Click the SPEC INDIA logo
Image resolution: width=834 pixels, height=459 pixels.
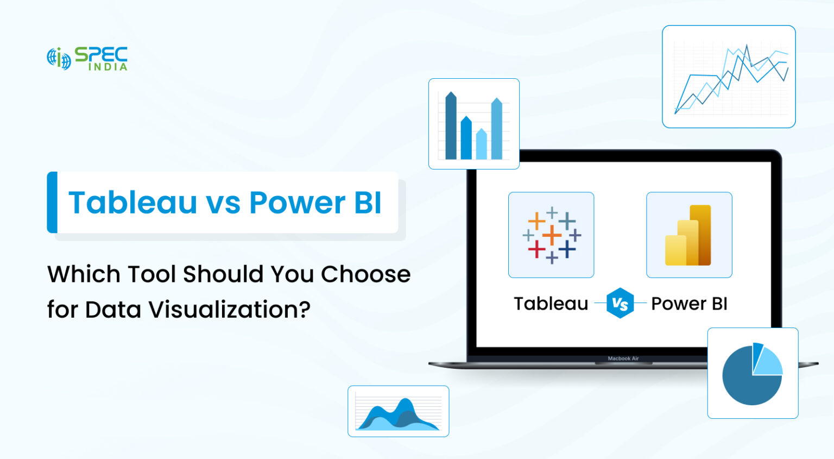pos(87,59)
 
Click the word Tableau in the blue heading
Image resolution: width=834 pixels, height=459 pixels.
pos(132,203)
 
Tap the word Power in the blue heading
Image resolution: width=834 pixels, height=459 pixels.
pos(297,203)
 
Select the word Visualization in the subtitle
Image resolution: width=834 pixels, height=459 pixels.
pos(229,310)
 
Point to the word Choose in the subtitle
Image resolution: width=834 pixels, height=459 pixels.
pos(365,274)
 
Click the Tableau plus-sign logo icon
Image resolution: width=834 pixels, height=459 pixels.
pos(551,235)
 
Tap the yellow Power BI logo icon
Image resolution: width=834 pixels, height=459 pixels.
pos(688,235)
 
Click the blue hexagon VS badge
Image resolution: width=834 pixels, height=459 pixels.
pos(620,303)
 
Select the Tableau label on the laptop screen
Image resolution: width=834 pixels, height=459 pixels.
pos(551,304)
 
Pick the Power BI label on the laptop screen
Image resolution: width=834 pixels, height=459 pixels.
pos(689,304)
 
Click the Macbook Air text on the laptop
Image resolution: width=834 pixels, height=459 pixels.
pos(623,359)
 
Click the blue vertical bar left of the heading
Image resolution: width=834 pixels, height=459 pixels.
pos(52,202)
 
